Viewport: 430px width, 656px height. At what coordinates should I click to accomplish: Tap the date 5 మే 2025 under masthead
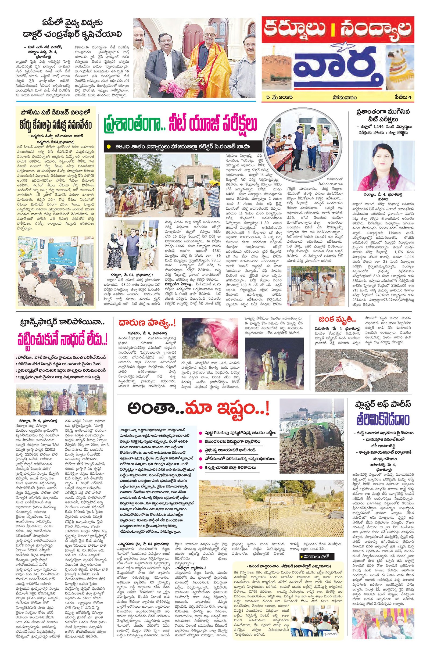pyautogui.click(x=278, y=97)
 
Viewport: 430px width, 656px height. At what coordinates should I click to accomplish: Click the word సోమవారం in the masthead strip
pyautogui.click(x=344, y=97)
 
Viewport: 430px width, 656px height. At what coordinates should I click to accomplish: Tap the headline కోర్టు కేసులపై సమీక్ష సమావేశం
pyautogui.click(x=56, y=126)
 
